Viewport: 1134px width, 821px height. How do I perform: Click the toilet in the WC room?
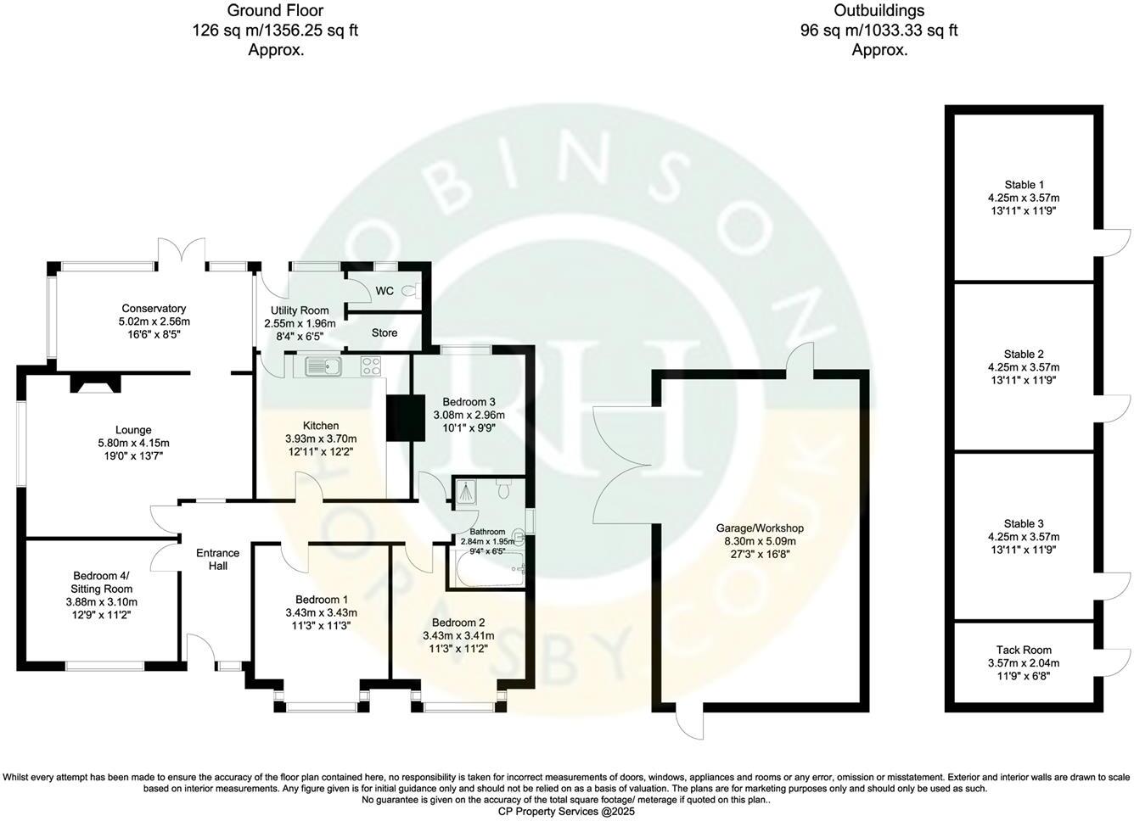pos(411,291)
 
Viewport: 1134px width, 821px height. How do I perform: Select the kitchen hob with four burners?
pos(371,366)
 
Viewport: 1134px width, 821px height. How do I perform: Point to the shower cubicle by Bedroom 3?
pos(466,491)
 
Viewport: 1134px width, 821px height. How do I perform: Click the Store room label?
pos(385,332)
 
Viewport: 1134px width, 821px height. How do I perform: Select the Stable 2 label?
pos(1024,354)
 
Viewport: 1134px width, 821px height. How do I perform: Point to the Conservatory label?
pos(154,309)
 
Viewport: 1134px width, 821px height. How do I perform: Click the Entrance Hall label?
pos(218,559)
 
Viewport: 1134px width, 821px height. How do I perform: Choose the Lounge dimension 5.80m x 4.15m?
pos(134,443)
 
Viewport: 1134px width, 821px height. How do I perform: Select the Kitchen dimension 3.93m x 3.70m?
pos(321,438)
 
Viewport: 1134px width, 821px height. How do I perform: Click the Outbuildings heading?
pos(879,11)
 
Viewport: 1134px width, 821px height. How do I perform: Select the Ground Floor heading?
pos(276,11)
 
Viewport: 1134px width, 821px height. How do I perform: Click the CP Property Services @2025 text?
pos(566,811)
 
